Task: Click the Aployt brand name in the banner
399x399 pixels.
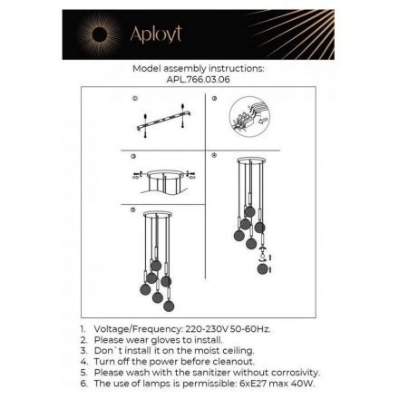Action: (x=156, y=34)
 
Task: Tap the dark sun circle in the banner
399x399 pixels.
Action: (x=100, y=35)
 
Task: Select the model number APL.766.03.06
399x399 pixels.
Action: (x=199, y=80)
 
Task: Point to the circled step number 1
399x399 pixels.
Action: (x=135, y=98)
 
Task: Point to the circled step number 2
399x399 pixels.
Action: (x=214, y=98)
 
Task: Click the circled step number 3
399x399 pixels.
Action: (x=133, y=156)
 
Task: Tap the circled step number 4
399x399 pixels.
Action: (x=214, y=155)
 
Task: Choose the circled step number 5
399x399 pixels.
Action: (x=132, y=209)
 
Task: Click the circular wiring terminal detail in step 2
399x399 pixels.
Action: (x=249, y=117)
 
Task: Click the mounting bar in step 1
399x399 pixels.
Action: (x=164, y=121)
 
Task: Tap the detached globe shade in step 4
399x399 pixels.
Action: (x=263, y=268)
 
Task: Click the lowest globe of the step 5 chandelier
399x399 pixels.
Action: (x=169, y=306)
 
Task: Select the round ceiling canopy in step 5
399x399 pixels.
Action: (x=158, y=214)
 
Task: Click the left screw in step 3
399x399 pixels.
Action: (x=138, y=175)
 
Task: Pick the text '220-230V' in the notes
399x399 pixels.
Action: (x=207, y=329)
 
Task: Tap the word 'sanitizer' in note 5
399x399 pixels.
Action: (x=203, y=373)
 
